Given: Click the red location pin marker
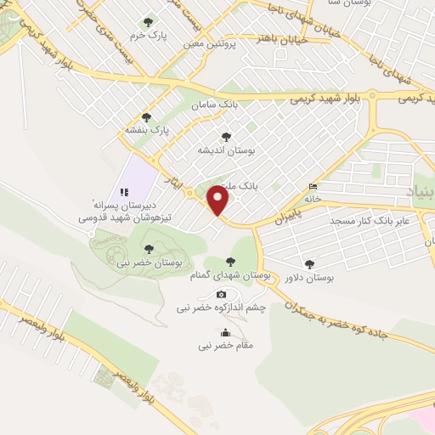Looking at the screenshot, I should (219, 201).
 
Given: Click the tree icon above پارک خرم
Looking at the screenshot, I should (150, 22).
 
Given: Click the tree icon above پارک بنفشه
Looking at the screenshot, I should (146, 117).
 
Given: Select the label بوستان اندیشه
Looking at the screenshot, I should (227, 150).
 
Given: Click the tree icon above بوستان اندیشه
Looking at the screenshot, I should (225, 136).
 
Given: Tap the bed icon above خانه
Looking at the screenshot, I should (314, 186).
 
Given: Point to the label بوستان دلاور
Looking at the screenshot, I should (309, 278).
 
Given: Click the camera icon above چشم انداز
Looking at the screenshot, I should (223, 294).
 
